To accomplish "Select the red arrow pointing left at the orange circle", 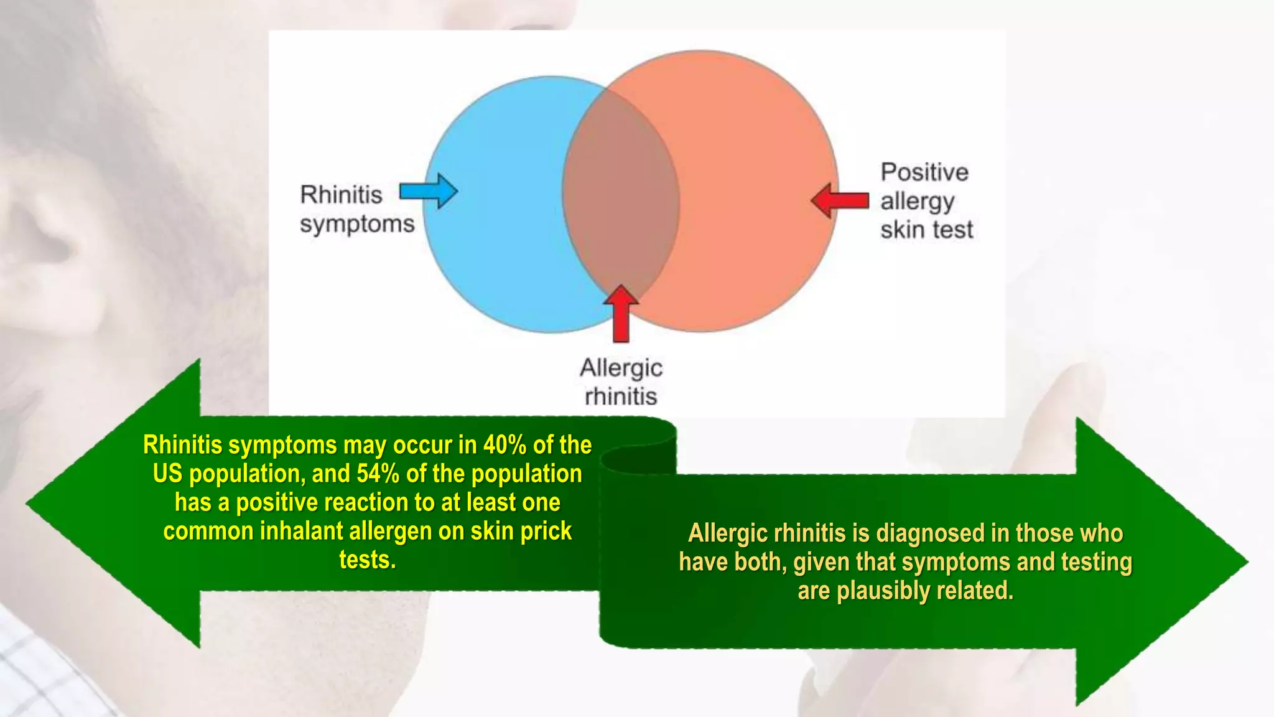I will [x=840, y=200].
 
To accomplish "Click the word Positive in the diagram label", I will [x=924, y=172].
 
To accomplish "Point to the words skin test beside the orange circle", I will [x=926, y=230].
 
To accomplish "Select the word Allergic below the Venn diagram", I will [x=621, y=368].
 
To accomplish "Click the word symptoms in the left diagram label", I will [x=357, y=224].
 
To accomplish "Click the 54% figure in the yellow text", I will [x=378, y=474].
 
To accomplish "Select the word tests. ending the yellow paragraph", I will [x=367, y=560].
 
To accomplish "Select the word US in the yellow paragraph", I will [x=167, y=474].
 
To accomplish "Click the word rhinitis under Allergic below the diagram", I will [x=621, y=396].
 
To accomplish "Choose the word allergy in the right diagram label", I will [x=917, y=202].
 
